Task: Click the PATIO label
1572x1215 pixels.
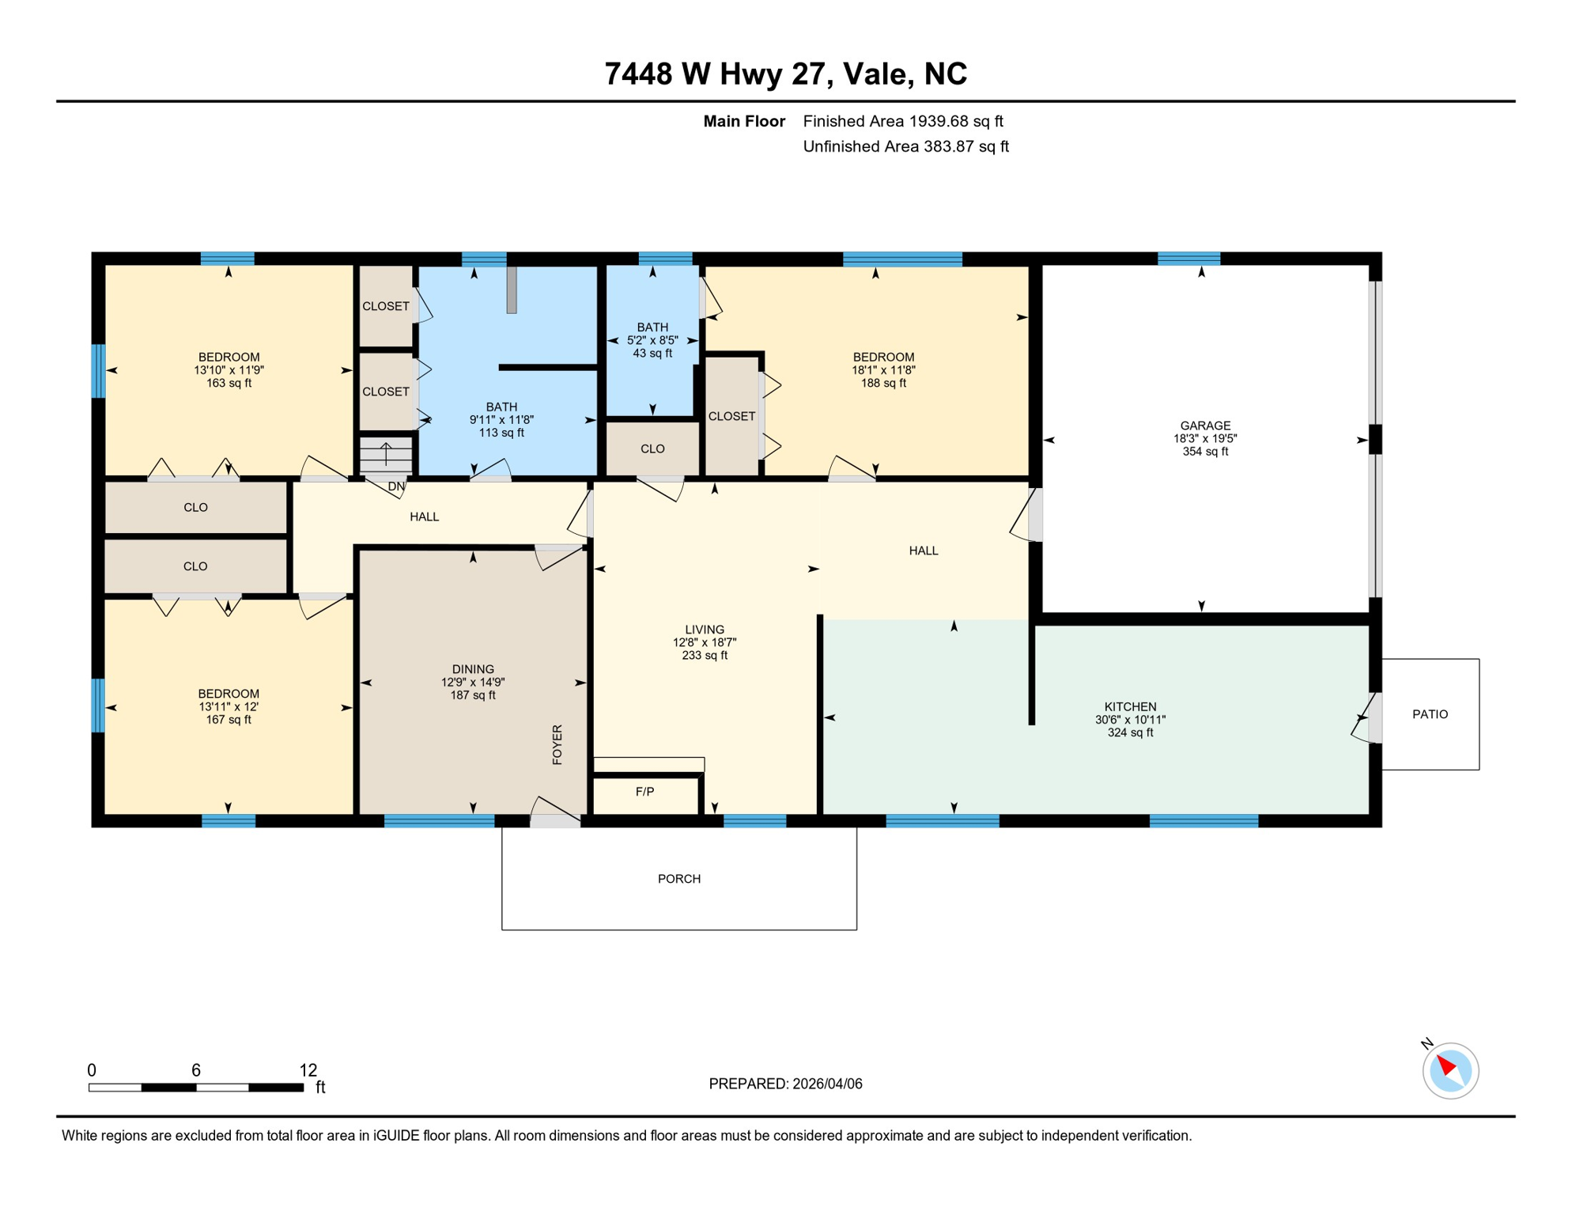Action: [x=1430, y=714]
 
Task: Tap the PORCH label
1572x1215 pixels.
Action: [x=678, y=879]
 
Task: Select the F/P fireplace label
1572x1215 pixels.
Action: [x=644, y=792]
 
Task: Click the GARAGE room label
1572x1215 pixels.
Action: [x=1204, y=426]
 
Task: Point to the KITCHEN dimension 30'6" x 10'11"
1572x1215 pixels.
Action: [x=1130, y=720]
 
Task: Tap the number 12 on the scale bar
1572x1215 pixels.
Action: [x=308, y=1070]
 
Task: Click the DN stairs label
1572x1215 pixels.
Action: [x=396, y=487]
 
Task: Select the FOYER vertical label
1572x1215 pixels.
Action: [x=557, y=744]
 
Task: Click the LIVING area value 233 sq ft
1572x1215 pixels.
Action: [x=704, y=656]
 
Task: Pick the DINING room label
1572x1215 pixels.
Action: [x=473, y=669]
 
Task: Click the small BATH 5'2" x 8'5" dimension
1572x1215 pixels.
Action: [x=652, y=340]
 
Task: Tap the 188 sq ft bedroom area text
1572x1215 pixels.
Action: [x=883, y=383]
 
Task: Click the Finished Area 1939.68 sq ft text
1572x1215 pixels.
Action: [x=902, y=121]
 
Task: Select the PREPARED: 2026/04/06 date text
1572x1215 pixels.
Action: [x=785, y=1084]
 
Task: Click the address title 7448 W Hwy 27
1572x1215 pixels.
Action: [x=785, y=74]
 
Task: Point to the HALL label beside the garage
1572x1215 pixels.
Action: [x=923, y=551]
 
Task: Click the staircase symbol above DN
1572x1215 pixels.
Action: [x=386, y=455]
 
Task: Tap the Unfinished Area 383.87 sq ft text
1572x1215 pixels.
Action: [x=905, y=146]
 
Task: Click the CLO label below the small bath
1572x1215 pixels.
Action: [x=652, y=449]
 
